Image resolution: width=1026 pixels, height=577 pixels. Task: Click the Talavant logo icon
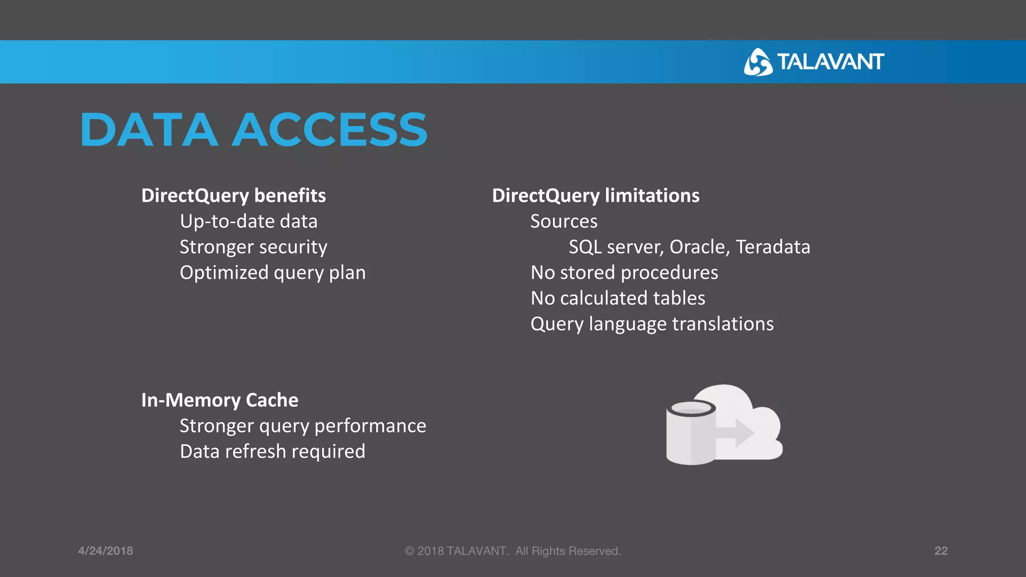tap(757, 62)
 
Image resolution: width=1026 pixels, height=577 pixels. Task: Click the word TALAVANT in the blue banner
tap(831, 62)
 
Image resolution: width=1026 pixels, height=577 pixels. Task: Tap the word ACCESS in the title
tap(329, 130)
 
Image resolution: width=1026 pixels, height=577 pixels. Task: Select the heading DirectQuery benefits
tap(233, 195)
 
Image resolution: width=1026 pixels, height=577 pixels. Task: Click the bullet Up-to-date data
tap(248, 221)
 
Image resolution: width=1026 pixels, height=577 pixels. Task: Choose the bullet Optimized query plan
tap(273, 273)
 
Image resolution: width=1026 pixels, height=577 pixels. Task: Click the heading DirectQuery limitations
tap(596, 195)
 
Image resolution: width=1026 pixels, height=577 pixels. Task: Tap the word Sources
tap(564, 221)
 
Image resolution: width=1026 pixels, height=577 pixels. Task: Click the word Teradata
tap(773, 247)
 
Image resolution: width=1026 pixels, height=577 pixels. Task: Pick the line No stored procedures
tap(624, 273)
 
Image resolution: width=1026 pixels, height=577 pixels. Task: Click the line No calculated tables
tap(618, 299)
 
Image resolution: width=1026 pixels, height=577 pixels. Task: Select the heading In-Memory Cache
tap(219, 400)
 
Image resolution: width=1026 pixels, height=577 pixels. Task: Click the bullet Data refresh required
tap(273, 452)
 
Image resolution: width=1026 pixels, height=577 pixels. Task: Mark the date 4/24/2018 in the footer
tap(106, 551)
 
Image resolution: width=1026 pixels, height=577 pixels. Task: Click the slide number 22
tap(941, 551)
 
